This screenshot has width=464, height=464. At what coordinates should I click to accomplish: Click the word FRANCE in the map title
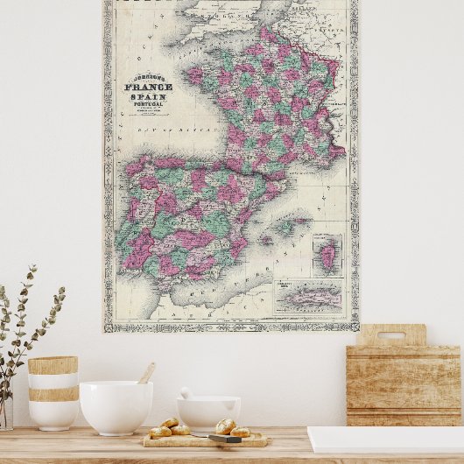tap(149, 87)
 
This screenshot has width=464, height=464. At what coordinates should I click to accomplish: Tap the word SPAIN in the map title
tap(149, 97)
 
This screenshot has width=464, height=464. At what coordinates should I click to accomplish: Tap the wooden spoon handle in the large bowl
tap(146, 373)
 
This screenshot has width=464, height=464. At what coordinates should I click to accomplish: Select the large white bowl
tap(116, 406)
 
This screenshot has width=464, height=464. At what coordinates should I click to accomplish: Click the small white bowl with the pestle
tap(208, 411)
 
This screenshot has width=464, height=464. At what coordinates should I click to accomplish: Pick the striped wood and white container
tap(53, 392)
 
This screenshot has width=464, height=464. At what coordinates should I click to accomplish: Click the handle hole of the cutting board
tap(391, 335)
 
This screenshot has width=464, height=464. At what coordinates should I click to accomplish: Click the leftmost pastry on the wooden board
tap(159, 432)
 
